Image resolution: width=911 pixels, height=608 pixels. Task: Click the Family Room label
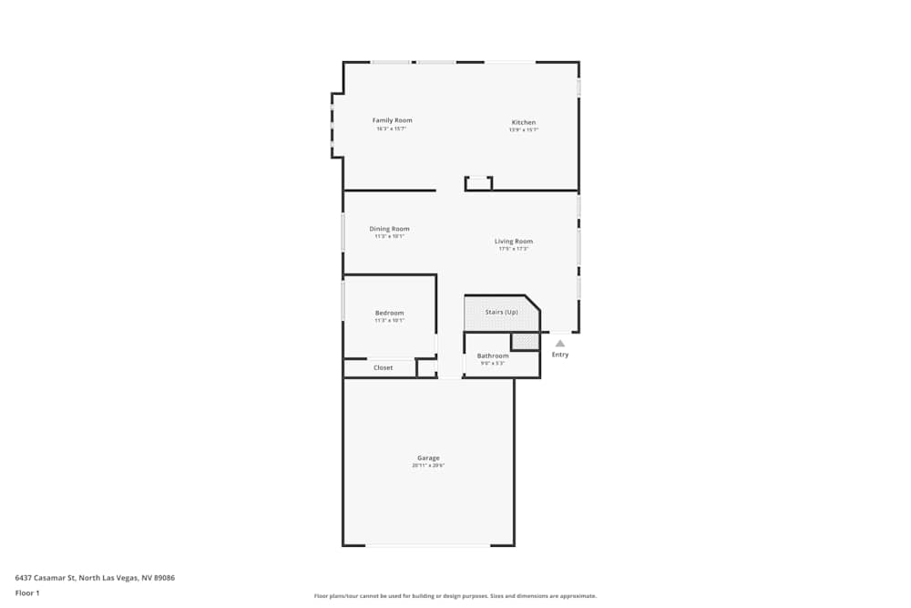[x=392, y=120]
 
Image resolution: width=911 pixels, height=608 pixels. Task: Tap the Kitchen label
[x=523, y=122]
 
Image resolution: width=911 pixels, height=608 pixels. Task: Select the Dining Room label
[x=389, y=229]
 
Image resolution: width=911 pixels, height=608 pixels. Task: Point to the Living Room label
[x=514, y=242]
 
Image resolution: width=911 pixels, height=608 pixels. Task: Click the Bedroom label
[x=389, y=313]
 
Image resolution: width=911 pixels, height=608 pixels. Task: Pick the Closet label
[x=383, y=367]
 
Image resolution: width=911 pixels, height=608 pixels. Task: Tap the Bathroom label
[x=492, y=356]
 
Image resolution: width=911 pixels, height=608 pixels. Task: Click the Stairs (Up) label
[x=501, y=312]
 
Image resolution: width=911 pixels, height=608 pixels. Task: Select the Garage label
[x=428, y=458]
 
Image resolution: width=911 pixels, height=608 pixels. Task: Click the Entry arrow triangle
[x=560, y=344]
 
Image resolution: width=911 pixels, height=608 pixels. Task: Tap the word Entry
[x=560, y=355]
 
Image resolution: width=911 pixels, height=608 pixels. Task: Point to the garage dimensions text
[x=428, y=466]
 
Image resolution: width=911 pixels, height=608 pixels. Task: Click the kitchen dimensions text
[x=523, y=130]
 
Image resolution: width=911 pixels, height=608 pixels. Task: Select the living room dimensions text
[x=514, y=249]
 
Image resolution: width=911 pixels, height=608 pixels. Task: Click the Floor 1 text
[x=27, y=593]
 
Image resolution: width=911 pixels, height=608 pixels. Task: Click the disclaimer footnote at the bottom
[x=455, y=596]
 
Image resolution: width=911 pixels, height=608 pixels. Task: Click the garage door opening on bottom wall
[x=428, y=545]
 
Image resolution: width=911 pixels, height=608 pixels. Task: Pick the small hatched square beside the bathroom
[x=525, y=342]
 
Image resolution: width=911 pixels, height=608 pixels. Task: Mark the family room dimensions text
[x=392, y=129]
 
